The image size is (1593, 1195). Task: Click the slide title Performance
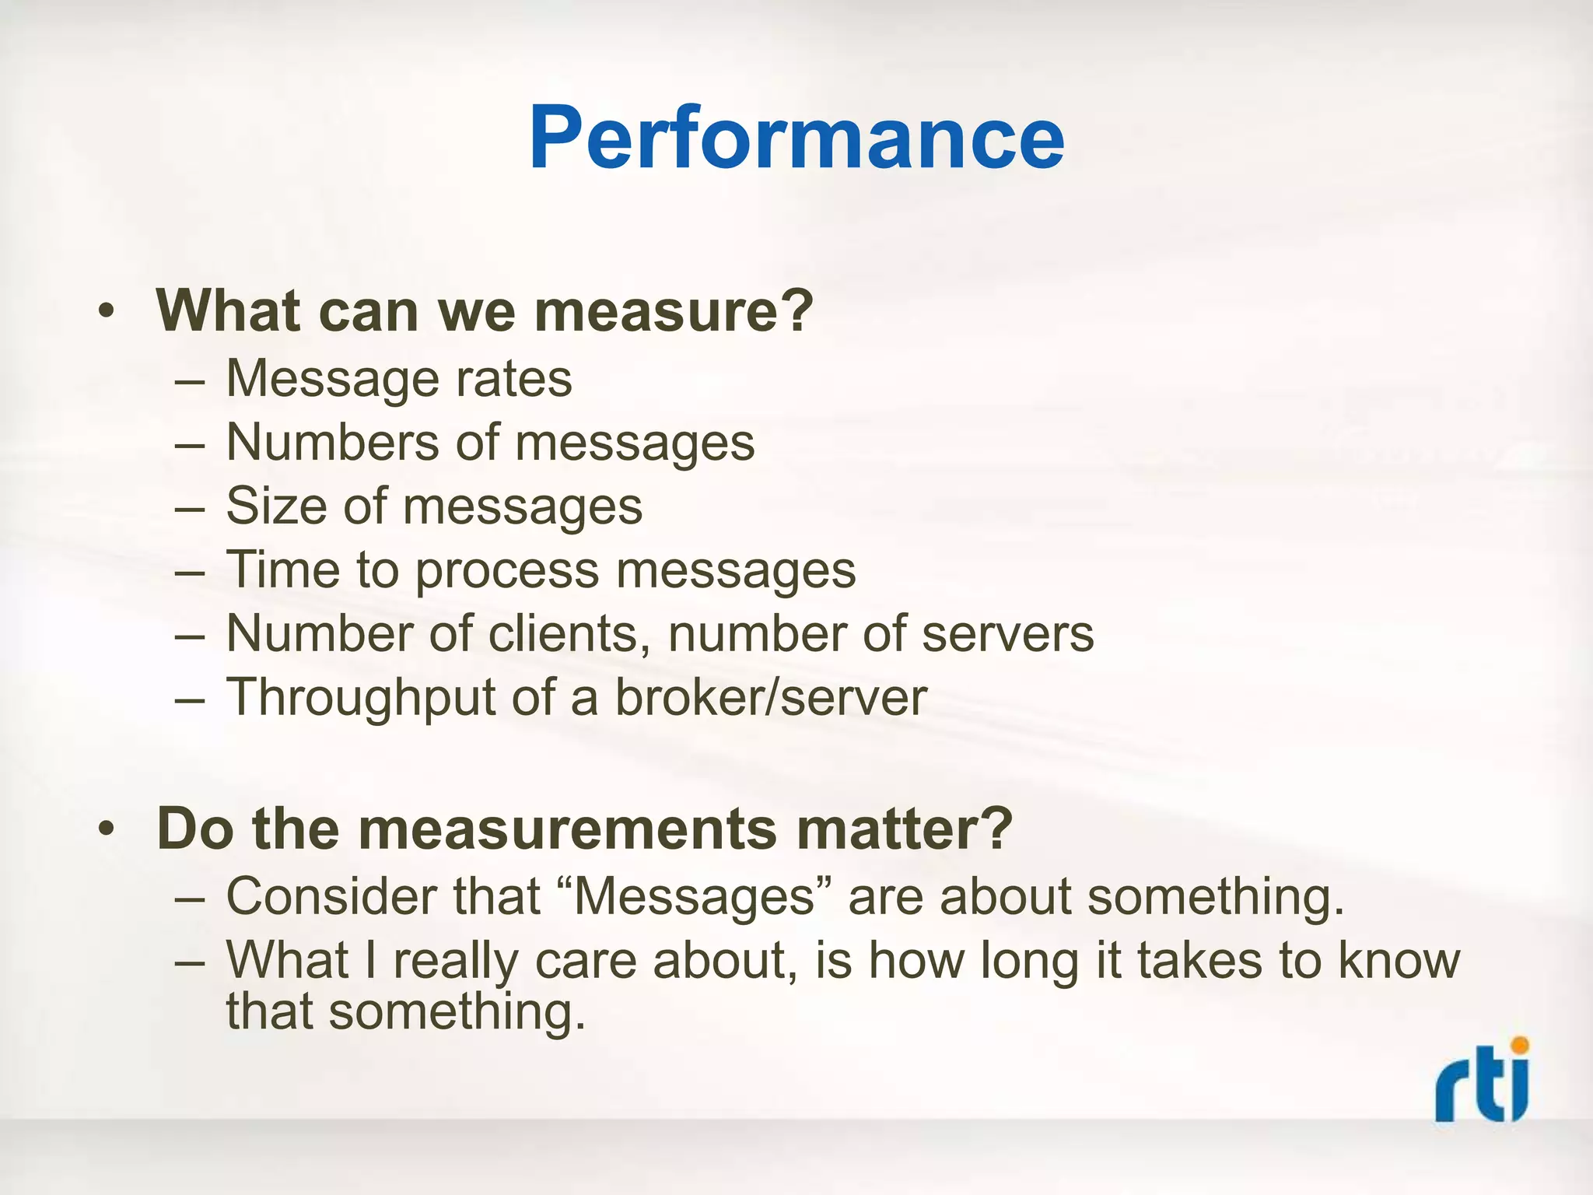pos(796,138)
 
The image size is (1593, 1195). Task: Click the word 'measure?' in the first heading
pos(673,311)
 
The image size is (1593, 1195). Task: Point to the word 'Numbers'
pos(332,443)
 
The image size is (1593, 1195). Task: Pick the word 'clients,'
pos(569,634)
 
